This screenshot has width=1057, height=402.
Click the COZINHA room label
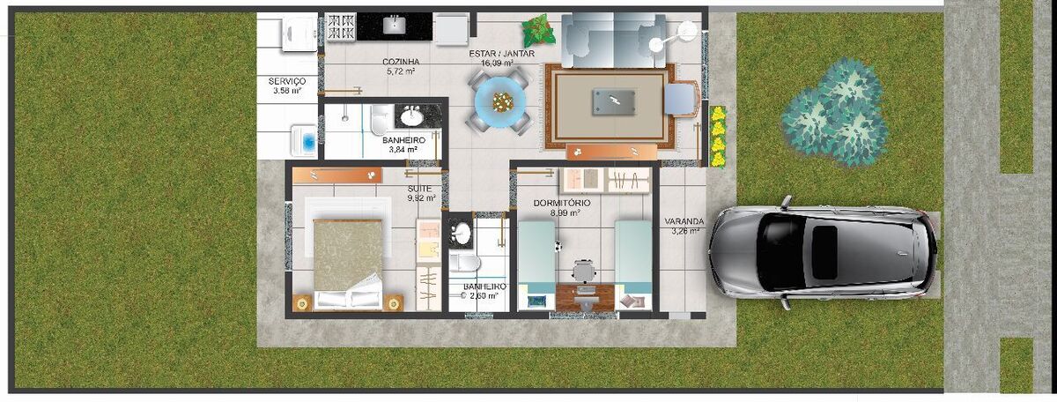(x=401, y=62)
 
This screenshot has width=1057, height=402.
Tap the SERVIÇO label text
(x=287, y=81)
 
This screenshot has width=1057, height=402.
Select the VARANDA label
(x=684, y=221)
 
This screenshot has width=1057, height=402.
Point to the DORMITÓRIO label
(x=562, y=203)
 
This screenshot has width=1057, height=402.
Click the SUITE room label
(x=419, y=189)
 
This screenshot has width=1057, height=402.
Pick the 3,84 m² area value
(x=403, y=150)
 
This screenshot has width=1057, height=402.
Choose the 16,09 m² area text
(x=497, y=63)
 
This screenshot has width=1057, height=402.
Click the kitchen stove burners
(x=341, y=27)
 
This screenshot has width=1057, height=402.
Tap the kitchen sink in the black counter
(x=394, y=25)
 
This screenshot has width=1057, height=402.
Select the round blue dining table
(x=500, y=100)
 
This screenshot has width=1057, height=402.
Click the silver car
(x=824, y=253)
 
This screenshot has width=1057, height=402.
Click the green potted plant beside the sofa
(x=539, y=30)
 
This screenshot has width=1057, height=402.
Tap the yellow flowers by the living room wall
(x=718, y=137)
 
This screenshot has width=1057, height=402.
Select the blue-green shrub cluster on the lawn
(x=834, y=113)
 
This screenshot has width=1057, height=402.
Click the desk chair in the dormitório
(x=584, y=272)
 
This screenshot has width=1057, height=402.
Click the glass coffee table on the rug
(x=613, y=102)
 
